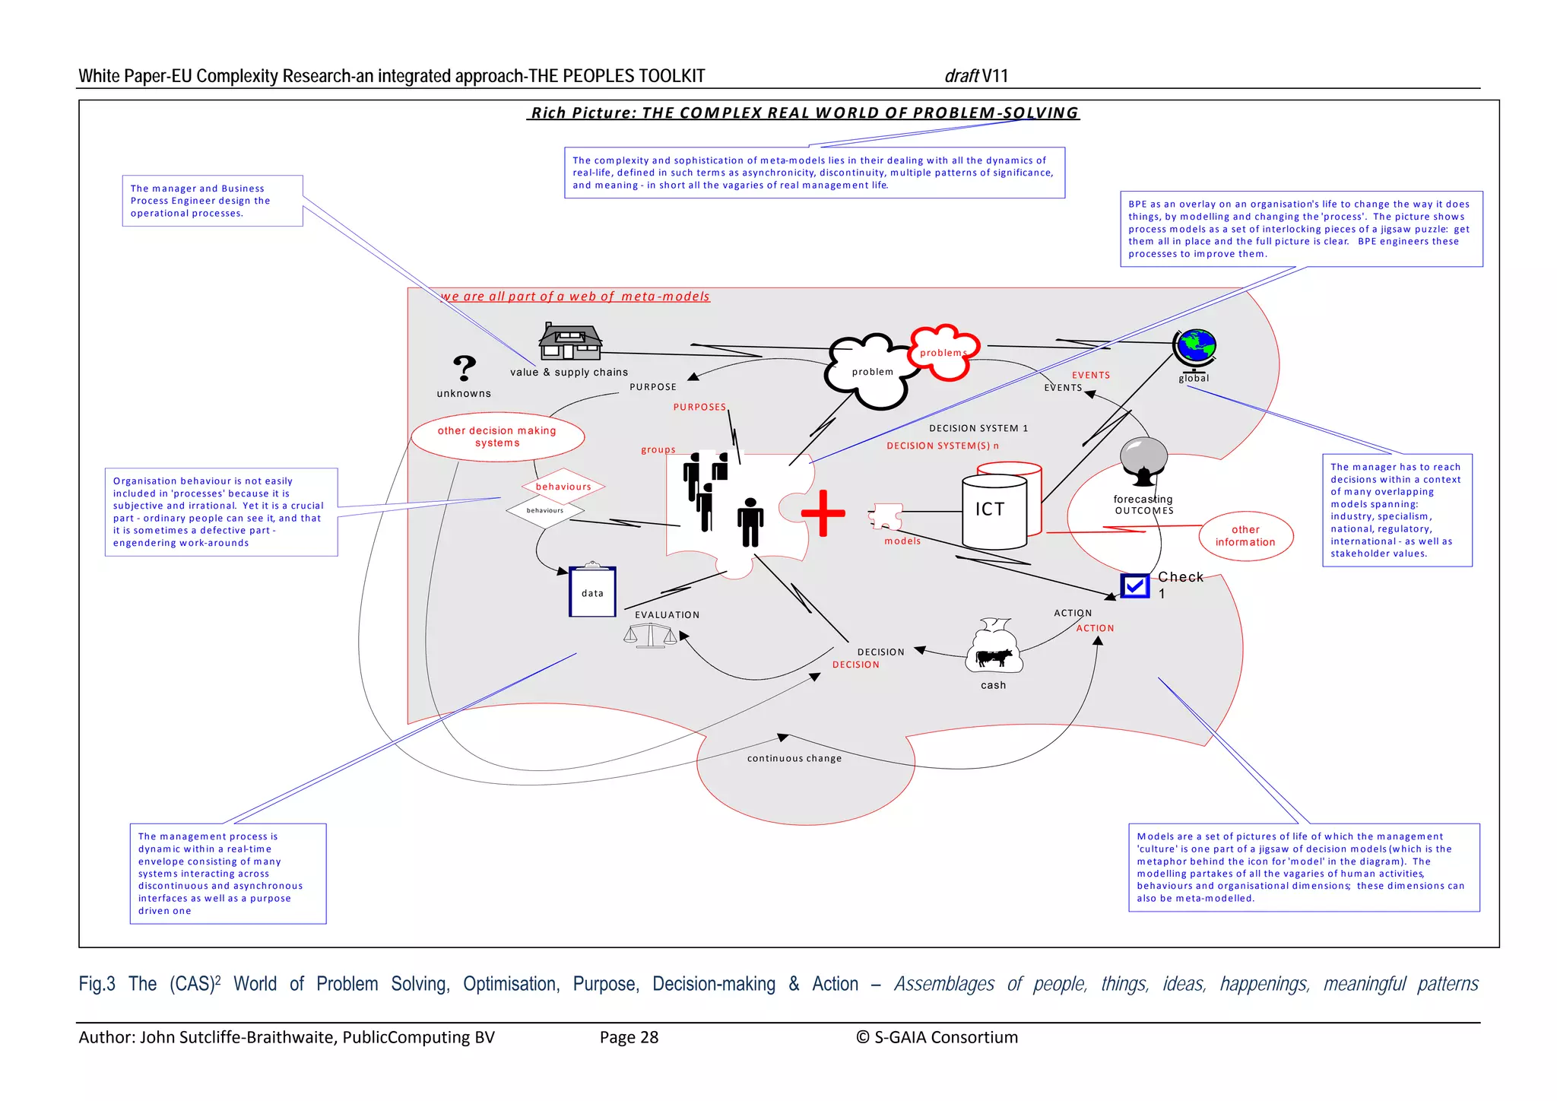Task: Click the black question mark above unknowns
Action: (464, 368)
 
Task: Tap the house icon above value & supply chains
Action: (571, 341)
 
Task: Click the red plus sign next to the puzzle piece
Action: (823, 513)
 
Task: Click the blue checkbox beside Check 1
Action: (1134, 586)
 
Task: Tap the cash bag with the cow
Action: (994, 647)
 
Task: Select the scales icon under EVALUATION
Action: (650, 636)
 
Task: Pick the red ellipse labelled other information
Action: (1245, 536)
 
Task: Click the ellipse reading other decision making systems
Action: (497, 436)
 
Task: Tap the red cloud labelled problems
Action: (943, 353)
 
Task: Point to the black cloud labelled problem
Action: (870, 373)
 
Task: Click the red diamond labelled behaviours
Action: (563, 487)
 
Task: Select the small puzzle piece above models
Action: (886, 516)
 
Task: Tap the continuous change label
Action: (794, 758)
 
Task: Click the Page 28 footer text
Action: (629, 1037)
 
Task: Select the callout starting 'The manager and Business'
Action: (212, 201)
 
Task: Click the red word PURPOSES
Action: (699, 407)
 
